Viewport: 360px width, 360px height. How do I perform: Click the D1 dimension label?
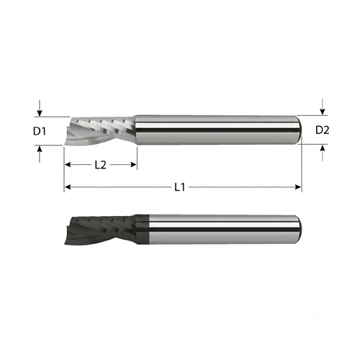click(40, 131)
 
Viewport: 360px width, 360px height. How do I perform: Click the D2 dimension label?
click(322, 130)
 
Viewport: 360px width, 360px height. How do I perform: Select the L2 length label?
click(100, 165)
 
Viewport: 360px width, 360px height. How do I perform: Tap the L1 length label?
click(180, 187)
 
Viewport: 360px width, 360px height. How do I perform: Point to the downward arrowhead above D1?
click(40, 113)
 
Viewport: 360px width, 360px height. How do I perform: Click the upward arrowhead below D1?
click(40, 149)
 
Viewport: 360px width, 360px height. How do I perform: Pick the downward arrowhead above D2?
click(323, 112)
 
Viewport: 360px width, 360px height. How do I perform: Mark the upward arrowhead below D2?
click(323, 148)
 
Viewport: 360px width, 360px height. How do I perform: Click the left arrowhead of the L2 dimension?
click(68, 165)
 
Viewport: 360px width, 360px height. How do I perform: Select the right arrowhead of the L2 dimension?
click(133, 165)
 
